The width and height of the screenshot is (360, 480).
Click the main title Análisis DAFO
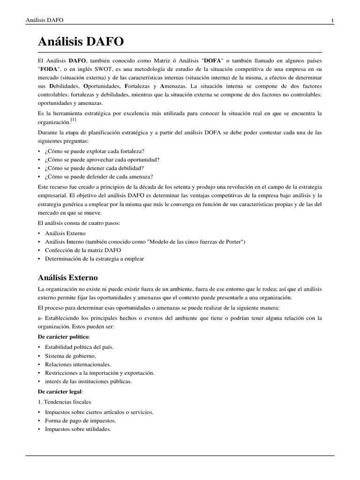click(x=81, y=42)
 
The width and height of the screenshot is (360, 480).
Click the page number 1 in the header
click(x=332, y=20)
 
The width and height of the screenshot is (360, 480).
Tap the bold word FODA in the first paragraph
click(x=49, y=70)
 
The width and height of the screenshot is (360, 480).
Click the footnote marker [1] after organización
click(x=73, y=120)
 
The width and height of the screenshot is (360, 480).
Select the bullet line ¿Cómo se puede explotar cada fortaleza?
click(x=95, y=151)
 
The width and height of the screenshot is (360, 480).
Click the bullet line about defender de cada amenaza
click(x=99, y=176)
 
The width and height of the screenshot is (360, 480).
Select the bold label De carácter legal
click(x=60, y=391)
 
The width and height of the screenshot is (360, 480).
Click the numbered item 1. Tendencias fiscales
click(x=64, y=402)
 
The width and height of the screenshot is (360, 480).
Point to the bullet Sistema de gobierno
click(x=70, y=356)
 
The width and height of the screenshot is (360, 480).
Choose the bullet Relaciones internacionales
click(x=78, y=364)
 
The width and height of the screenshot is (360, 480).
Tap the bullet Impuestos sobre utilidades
click(x=78, y=429)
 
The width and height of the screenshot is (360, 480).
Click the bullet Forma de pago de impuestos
click(x=80, y=420)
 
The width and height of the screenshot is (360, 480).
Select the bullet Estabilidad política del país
click(x=79, y=347)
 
